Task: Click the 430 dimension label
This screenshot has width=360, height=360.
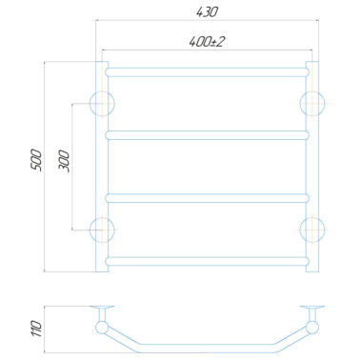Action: (207, 12)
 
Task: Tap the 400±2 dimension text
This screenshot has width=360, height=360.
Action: (207, 42)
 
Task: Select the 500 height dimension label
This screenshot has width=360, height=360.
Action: (37, 160)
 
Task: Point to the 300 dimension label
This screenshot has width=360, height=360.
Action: (64, 161)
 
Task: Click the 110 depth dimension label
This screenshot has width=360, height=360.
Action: (37, 329)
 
